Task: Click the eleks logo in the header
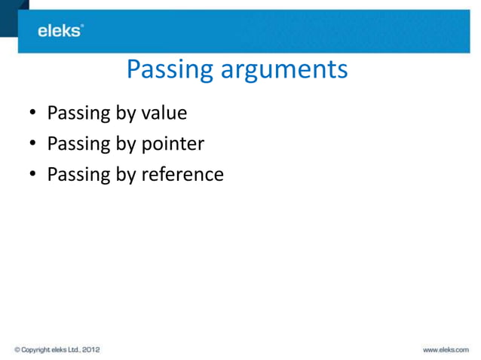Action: click(60, 31)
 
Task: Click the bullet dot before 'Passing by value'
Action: click(32, 114)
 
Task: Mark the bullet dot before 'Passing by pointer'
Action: click(32, 145)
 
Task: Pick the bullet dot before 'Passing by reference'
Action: click(32, 175)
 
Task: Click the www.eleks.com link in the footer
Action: click(446, 350)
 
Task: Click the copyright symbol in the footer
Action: click(17, 350)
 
